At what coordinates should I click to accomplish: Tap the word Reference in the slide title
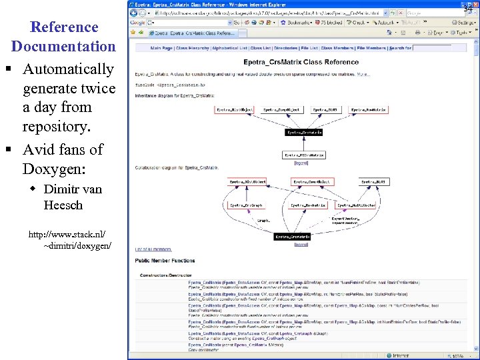(x=64, y=27)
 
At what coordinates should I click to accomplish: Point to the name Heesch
(x=63, y=205)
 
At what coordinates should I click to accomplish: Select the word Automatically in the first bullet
(x=68, y=69)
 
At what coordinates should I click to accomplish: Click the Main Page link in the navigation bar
(x=161, y=48)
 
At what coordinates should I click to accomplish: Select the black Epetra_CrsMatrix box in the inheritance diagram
(x=304, y=133)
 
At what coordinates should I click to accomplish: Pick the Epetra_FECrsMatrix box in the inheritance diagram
(x=304, y=155)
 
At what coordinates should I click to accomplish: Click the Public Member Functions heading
(x=165, y=261)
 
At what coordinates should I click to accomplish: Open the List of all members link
(x=153, y=249)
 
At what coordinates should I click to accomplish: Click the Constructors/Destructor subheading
(x=166, y=275)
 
